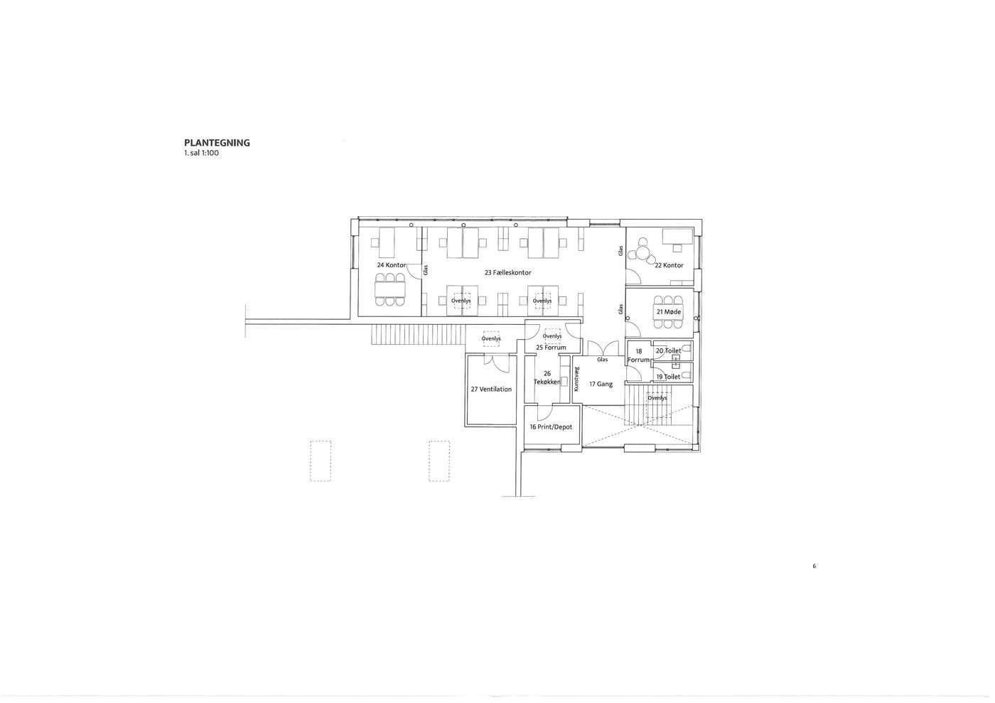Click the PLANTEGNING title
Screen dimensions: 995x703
(x=217, y=143)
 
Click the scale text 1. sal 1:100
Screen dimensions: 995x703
(x=201, y=154)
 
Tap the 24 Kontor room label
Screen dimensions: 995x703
(x=392, y=265)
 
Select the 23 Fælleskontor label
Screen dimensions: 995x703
(x=507, y=273)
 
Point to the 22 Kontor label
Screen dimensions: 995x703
(x=669, y=265)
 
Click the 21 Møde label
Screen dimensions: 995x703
(x=669, y=312)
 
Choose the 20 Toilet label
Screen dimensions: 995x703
(x=669, y=350)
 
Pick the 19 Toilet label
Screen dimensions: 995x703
(x=669, y=377)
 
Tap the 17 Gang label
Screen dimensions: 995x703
(x=601, y=384)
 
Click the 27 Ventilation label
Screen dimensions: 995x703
(x=491, y=390)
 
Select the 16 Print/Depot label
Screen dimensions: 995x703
(x=551, y=427)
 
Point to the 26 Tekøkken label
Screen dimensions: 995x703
(x=547, y=377)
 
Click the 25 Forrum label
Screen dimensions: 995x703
(x=551, y=348)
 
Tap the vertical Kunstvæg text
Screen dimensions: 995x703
(x=576, y=379)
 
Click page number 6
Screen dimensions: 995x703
(x=814, y=566)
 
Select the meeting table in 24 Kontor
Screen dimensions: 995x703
(x=390, y=290)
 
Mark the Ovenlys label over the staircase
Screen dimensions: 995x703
(x=657, y=398)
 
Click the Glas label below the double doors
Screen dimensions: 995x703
(x=603, y=360)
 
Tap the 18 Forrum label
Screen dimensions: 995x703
(x=639, y=355)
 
